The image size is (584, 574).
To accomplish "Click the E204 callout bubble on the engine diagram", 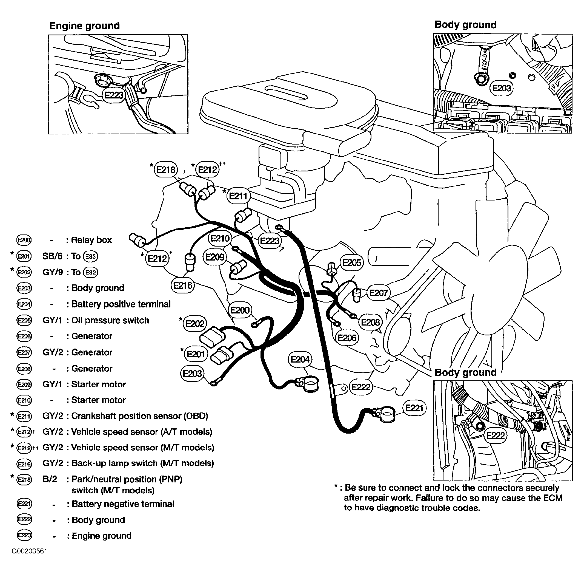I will click(x=300, y=359).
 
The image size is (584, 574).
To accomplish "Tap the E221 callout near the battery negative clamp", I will click(x=414, y=408).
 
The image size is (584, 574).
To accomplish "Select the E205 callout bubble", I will click(x=352, y=262).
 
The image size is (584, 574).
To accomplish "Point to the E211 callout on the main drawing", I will click(x=238, y=196).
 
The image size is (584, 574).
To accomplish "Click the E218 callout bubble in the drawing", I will click(x=166, y=169).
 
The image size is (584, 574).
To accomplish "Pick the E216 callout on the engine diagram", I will click(x=183, y=285).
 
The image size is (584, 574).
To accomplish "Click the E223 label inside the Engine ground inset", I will click(x=114, y=95).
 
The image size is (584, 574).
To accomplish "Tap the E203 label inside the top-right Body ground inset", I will click(x=502, y=88).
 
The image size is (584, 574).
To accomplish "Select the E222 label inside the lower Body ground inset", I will click(x=496, y=435).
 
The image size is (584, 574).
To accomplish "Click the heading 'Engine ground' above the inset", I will click(x=84, y=26).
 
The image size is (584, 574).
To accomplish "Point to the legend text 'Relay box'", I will click(x=91, y=240).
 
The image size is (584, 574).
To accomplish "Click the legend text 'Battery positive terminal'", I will click(x=121, y=304).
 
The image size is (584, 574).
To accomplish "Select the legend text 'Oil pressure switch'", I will click(x=110, y=320).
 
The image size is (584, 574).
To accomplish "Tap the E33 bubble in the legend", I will click(x=90, y=256).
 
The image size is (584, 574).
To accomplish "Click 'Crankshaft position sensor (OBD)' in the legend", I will click(x=139, y=416).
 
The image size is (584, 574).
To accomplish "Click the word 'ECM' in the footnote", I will click(x=553, y=498).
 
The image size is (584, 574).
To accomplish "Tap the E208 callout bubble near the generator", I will click(x=370, y=322).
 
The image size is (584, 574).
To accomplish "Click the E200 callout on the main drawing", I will click(x=240, y=310).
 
